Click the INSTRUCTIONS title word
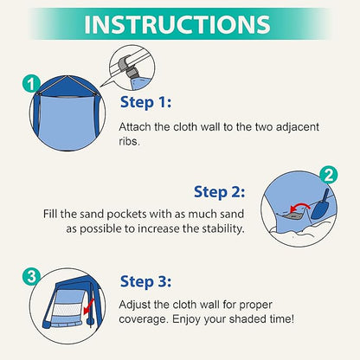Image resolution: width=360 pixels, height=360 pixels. (x=177, y=24)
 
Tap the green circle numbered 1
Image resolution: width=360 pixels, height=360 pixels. (x=31, y=84)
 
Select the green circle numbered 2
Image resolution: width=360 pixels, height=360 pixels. (x=329, y=175)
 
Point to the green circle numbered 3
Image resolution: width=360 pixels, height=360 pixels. (x=31, y=277)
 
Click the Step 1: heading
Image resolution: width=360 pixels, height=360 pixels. (x=145, y=102)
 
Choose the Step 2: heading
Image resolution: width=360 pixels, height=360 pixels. (x=219, y=192)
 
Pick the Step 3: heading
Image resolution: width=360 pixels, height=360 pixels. (x=145, y=281)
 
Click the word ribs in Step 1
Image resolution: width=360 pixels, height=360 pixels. (x=129, y=141)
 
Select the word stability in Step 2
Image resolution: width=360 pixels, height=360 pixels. (x=223, y=228)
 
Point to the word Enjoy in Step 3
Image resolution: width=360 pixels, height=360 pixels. (x=185, y=319)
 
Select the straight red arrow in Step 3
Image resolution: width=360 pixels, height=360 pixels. (x=88, y=306)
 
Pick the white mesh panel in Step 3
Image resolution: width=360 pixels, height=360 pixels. (x=69, y=310)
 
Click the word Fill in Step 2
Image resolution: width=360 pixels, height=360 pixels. (x=50, y=214)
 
